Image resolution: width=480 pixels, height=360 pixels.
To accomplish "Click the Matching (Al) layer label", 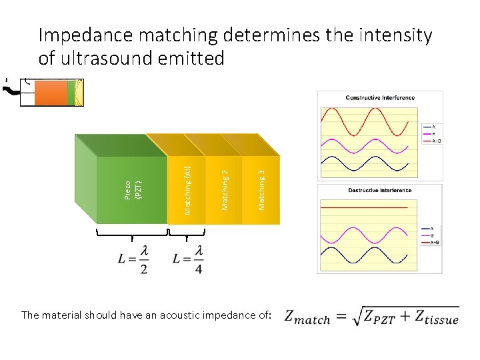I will tap(188, 190).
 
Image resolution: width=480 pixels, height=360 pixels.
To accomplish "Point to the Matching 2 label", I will tap(225, 190).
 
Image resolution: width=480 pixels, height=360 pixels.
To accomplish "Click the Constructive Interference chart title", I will tap(380, 98).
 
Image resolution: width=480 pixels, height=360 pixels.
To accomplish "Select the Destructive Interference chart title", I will tap(380, 190).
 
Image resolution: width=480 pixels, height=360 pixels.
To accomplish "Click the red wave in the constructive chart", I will tap(369, 121).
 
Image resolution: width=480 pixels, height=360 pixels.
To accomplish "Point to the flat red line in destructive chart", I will tap(364, 208).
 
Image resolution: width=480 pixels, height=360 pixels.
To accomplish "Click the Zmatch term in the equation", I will tap(307, 317).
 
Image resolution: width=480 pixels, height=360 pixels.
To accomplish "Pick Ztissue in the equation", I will tap(434, 317).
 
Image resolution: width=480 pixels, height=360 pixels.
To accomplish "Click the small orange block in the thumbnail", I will tap(52, 93).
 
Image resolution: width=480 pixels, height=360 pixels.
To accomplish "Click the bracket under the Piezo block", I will tap(132, 233).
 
